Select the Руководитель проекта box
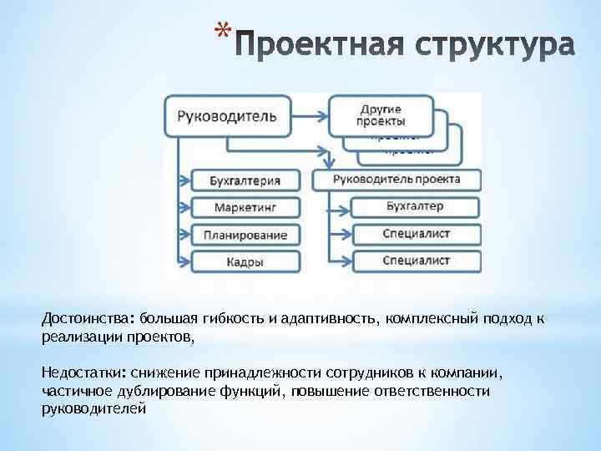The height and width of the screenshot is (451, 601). [x=396, y=179]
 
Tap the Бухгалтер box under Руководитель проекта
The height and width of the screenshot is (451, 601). [x=416, y=206]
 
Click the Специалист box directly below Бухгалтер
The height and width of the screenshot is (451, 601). [x=416, y=234]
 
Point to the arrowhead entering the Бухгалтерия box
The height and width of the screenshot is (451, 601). [x=186, y=180]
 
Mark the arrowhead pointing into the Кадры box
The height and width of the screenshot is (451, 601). [x=186, y=261]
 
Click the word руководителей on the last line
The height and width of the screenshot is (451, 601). [x=93, y=409]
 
